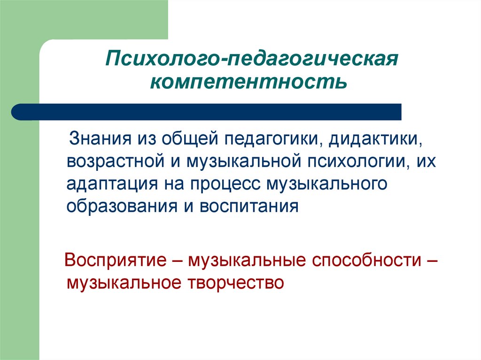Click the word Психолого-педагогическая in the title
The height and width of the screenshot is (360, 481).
[x=252, y=60]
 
